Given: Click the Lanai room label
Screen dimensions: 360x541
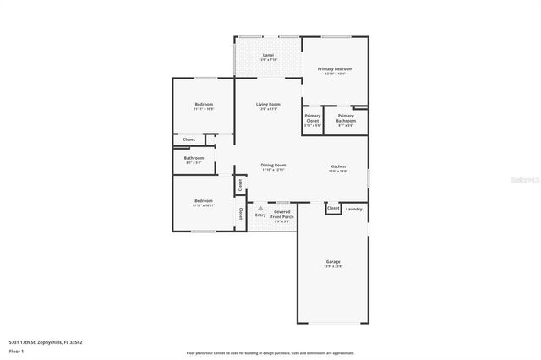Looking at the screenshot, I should (x=267, y=55).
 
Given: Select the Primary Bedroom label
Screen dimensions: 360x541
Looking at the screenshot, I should (x=335, y=68).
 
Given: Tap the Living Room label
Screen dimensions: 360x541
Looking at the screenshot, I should (x=268, y=105).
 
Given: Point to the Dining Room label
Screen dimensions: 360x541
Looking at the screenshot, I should (x=273, y=165).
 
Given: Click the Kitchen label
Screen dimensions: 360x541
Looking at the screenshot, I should (x=337, y=166).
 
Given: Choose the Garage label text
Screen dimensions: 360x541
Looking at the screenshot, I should (x=333, y=262).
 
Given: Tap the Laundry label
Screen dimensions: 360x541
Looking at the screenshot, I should (x=354, y=209).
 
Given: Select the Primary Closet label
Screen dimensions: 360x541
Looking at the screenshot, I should (x=313, y=118).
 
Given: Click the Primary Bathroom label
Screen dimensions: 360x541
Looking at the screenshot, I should (x=346, y=118).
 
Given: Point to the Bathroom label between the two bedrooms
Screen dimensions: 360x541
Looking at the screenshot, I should (x=194, y=158).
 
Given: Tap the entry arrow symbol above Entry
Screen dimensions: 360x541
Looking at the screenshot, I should (x=260, y=208).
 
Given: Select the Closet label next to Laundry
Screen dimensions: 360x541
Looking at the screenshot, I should (x=333, y=208).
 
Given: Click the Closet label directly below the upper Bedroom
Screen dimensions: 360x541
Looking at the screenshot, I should (x=189, y=139).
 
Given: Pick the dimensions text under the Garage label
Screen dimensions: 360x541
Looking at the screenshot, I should (x=333, y=267).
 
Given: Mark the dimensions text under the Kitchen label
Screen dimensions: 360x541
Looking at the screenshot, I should (x=337, y=172).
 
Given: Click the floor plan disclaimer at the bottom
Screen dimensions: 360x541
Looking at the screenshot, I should (x=270, y=353).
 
